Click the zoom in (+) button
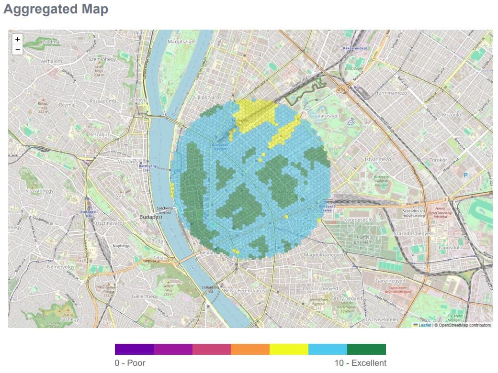pyautogui.click(x=17, y=39)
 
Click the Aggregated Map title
pyautogui.click(x=56, y=9)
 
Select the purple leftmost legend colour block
pyautogui.click(x=134, y=349)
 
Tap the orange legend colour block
pyautogui.click(x=250, y=349)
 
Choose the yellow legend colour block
pyautogui.click(x=289, y=349)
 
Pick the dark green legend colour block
pyautogui.click(x=366, y=349)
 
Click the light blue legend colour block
pyautogui.click(x=328, y=349)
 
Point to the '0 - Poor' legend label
pyautogui.click(x=130, y=363)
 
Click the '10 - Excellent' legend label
pyautogui.click(x=360, y=363)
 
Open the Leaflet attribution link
pyautogui.click(x=424, y=325)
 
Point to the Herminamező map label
pyautogui.click(x=391, y=93)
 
